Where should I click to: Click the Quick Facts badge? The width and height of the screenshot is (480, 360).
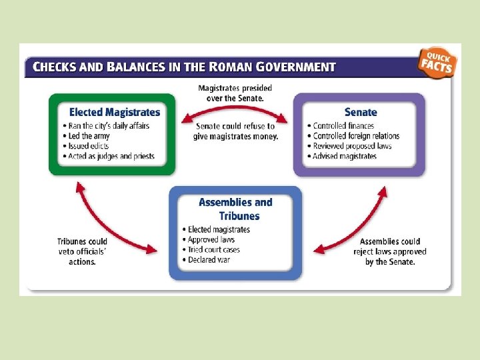click(438, 62)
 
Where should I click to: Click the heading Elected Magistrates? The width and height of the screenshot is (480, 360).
click(115, 112)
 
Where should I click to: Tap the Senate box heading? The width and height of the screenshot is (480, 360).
click(360, 112)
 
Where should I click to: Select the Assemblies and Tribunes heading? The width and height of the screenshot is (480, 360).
click(235, 209)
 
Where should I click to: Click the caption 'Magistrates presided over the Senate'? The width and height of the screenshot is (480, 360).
click(235, 93)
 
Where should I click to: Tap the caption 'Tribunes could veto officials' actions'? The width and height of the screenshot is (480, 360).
click(82, 251)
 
